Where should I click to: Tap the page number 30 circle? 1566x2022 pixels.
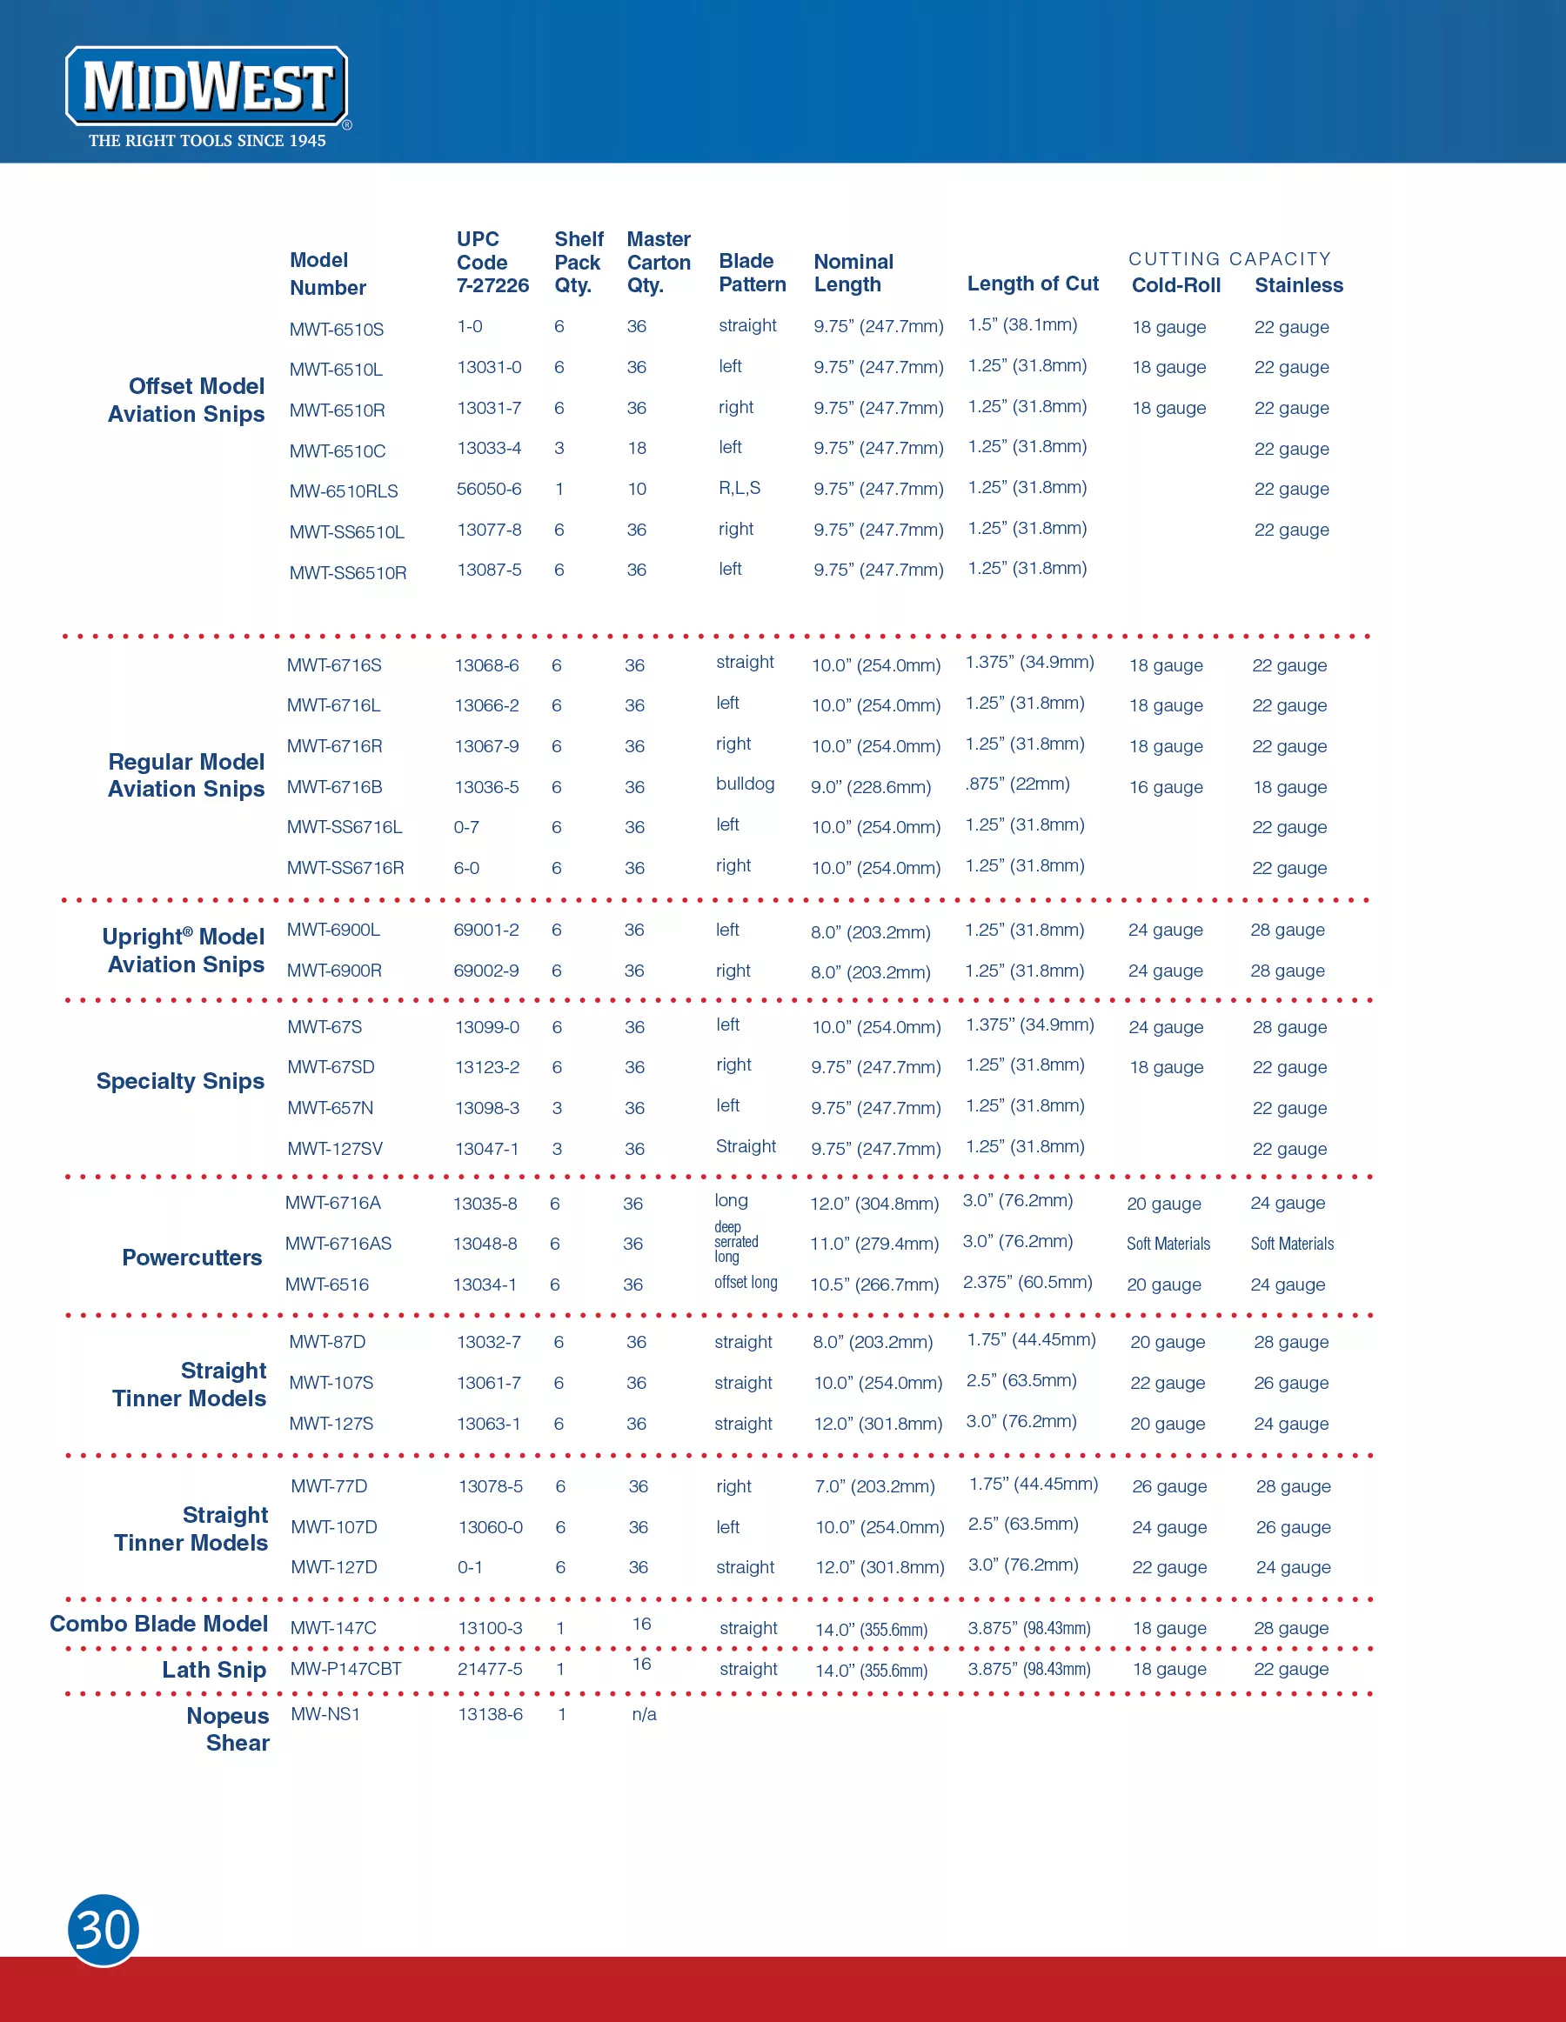pos(103,1930)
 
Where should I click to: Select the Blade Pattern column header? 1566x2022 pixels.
pos(752,273)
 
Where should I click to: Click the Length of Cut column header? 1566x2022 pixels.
pos(1033,284)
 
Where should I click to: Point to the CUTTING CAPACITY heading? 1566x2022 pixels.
pos(1229,259)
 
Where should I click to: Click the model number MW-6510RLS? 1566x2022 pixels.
pos(344,490)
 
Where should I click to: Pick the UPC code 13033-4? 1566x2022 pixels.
pos(489,448)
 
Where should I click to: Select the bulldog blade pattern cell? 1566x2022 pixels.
pos(745,784)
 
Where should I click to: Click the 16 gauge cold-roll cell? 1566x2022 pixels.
pos(1165,787)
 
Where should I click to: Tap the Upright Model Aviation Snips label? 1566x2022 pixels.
pos(184,950)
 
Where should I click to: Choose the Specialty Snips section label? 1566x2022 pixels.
pos(181,1081)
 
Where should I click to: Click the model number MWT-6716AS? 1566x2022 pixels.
pos(338,1244)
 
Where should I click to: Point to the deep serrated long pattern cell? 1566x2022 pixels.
pos(735,1242)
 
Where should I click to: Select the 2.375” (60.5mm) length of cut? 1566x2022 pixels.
pos(1027,1282)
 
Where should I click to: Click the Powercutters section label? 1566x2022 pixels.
pos(191,1258)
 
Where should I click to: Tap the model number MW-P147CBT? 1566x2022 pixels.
pos(346,1668)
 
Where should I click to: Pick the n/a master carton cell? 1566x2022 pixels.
pos(644,1714)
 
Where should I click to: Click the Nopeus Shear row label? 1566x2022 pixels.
pos(228,1729)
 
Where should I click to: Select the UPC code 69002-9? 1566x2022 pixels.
pos(486,971)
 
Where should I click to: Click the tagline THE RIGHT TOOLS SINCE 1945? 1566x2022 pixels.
pos(207,141)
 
